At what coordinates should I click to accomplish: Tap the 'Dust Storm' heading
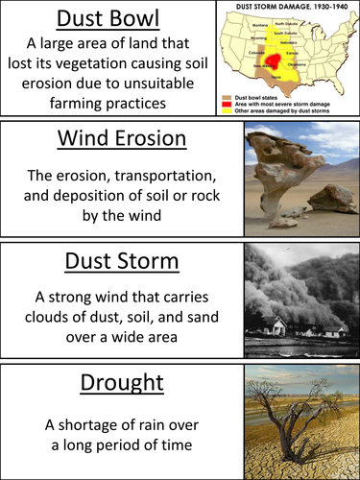[120, 263]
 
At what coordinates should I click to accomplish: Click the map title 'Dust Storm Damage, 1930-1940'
[298, 6]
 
